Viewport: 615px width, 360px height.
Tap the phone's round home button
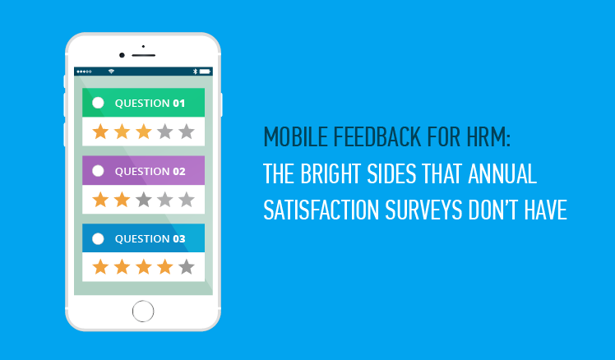click(x=143, y=312)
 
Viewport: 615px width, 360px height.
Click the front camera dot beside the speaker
click(x=122, y=55)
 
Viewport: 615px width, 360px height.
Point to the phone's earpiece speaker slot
click(x=144, y=55)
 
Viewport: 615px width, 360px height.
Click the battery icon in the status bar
click(x=205, y=72)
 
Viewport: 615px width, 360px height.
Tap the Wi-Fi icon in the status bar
click(x=111, y=72)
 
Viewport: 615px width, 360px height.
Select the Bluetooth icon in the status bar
click(x=195, y=72)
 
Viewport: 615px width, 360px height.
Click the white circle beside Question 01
click(x=98, y=103)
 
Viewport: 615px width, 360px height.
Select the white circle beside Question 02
click(x=98, y=171)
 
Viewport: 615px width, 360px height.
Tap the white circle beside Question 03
click(x=98, y=238)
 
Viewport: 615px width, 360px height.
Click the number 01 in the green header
click(x=179, y=103)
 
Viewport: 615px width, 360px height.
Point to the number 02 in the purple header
click(x=179, y=172)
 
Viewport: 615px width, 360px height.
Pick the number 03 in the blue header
click(x=179, y=239)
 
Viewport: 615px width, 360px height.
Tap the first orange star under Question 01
click(x=100, y=132)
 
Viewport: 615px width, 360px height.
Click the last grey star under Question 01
click(x=187, y=132)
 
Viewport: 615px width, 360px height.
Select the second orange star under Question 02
click(x=122, y=200)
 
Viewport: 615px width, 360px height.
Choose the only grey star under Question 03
click(x=187, y=267)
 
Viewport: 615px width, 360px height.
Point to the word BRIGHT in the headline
click(x=331, y=173)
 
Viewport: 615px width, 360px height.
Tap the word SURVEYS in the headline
click(x=423, y=210)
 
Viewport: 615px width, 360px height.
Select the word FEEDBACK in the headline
click(x=377, y=137)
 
